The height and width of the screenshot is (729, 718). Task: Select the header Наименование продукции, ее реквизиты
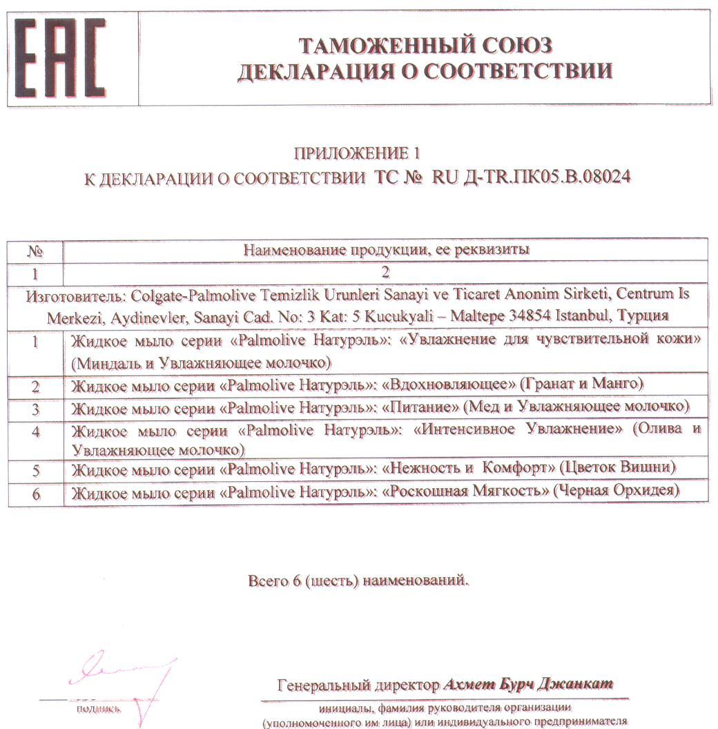386,250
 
